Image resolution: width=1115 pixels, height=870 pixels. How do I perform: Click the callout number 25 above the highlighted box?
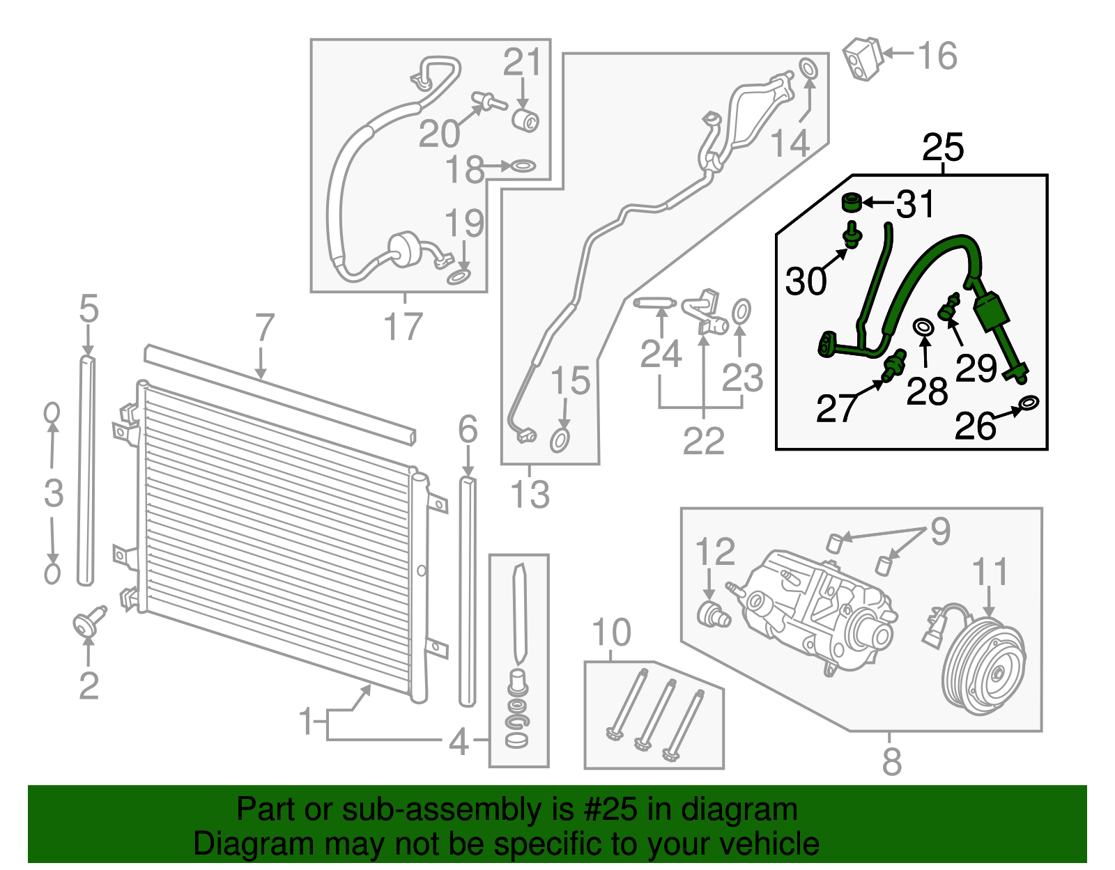[942, 148]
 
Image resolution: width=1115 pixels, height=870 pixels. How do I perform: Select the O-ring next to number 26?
[1029, 403]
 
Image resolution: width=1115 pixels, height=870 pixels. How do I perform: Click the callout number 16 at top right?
[937, 56]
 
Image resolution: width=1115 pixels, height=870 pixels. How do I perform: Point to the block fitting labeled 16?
[862, 59]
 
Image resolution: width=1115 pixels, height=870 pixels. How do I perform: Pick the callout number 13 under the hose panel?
[530, 495]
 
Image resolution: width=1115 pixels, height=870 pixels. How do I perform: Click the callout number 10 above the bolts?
[610, 632]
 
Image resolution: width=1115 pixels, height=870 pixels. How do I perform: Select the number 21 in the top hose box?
[522, 63]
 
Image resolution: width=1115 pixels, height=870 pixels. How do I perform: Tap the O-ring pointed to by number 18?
[522, 166]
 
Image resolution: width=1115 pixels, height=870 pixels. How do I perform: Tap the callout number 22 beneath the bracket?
[703, 441]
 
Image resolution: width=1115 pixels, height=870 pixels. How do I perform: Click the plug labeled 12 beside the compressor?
[712, 615]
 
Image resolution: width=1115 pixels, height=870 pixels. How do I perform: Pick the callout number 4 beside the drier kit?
[459, 742]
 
